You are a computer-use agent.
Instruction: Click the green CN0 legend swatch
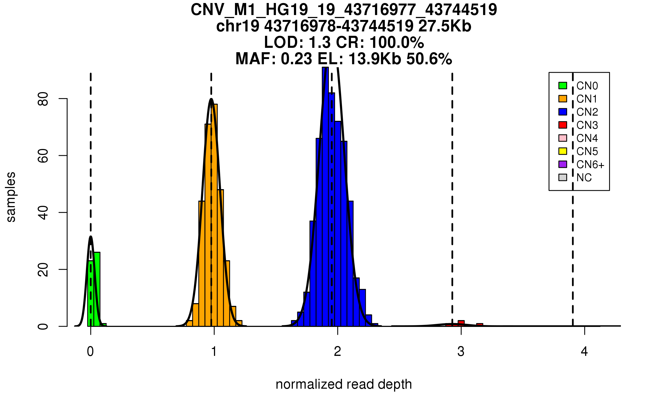pyautogui.click(x=562, y=86)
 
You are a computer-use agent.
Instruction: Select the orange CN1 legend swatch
pyautogui.click(x=562, y=99)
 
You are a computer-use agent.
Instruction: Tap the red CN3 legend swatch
pyautogui.click(x=562, y=125)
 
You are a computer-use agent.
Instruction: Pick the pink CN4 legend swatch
pyautogui.click(x=562, y=138)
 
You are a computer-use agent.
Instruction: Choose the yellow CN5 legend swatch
pyautogui.click(x=562, y=151)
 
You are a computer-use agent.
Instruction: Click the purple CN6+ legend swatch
pyautogui.click(x=562, y=164)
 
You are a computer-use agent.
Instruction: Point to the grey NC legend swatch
pyautogui.click(x=562, y=177)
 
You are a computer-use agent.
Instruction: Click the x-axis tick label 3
pyautogui.click(x=461, y=352)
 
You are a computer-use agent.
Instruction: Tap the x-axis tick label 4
pyautogui.click(x=584, y=352)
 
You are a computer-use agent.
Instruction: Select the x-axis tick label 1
pyautogui.click(x=214, y=352)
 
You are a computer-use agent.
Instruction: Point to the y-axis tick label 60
pyautogui.click(x=43, y=156)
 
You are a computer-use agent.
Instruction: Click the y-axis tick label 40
pyautogui.click(x=43, y=213)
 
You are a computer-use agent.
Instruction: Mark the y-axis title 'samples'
pyautogui.click(x=11, y=197)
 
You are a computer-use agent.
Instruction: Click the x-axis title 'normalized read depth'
pyautogui.click(x=344, y=384)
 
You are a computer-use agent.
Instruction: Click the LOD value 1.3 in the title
pyautogui.click(x=320, y=43)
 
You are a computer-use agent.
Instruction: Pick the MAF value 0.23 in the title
pyautogui.click(x=296, y=59)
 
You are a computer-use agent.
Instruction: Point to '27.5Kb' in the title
pyautogui.click(x=445, y=26)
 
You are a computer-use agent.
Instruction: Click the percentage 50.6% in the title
pyautogui.click(x=429, y=59)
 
